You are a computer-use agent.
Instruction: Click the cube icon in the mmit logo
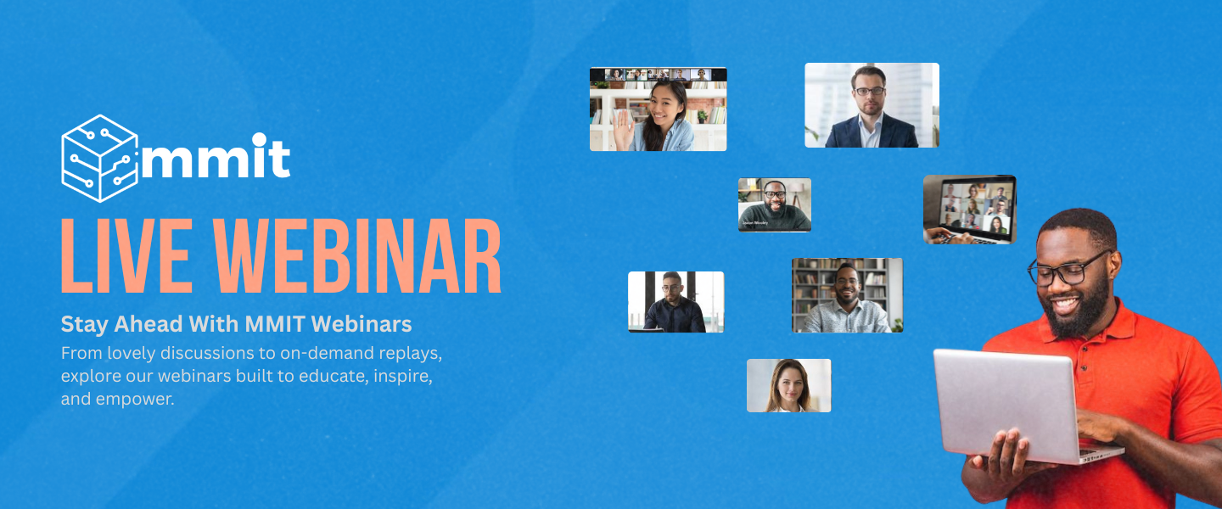pos(99,158)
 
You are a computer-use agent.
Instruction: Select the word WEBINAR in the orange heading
pos(356,256)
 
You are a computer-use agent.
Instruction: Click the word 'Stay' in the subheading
pos(84,325)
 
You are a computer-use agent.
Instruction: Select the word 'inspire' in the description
pos(402,377)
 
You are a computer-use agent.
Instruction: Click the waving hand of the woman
pos(624,131)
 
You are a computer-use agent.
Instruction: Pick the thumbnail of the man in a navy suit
pos(872,105)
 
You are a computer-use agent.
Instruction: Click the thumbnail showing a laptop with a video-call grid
pos(969,210)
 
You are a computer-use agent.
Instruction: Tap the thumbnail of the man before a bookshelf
pos(847,295)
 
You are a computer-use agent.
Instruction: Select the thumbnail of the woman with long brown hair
pos(789,386)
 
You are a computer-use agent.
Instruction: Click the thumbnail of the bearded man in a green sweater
pos(775,204)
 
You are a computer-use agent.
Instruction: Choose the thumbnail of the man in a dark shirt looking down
pos(675,302)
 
